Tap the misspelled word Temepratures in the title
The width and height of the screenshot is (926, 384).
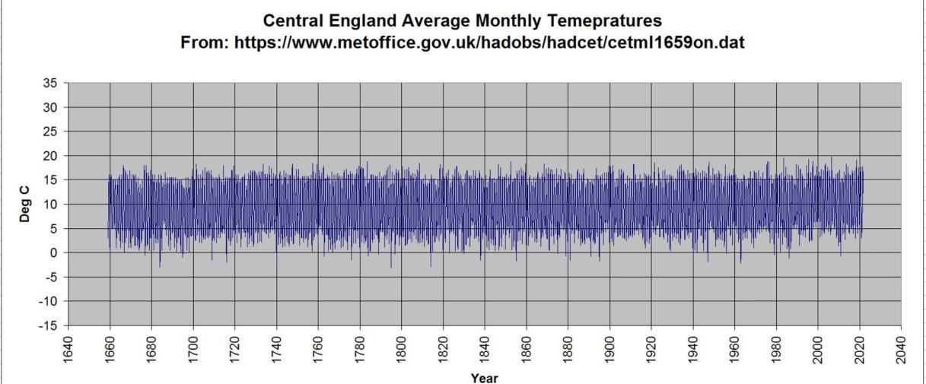(x=605, y=21)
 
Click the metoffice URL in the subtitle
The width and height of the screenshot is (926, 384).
(x=489, y=43)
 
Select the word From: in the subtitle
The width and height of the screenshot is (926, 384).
(x=205, y=43)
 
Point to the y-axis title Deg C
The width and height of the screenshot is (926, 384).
(x=25, y=205)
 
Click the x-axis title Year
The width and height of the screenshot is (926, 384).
(x=485, y=378)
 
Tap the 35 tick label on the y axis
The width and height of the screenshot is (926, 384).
(x=50, y=83)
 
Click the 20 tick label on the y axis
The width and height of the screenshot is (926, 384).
(x=50, y=156)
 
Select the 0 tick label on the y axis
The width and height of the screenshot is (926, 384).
(x=53, y=253)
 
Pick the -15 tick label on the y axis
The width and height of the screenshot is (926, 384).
(x=48, y=325)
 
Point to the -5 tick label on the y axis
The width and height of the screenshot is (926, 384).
(x=50, y=278)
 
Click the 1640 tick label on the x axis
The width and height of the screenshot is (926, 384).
(x=68, y=350)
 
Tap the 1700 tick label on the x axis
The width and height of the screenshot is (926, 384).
(x=193, y=350)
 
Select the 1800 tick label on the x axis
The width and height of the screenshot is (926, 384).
(x=402, y=350)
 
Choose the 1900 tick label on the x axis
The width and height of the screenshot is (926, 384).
(x=609, y=350)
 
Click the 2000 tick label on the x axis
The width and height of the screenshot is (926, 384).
(x=818, y=350)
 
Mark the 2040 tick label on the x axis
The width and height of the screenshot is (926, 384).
(x=901, y=350)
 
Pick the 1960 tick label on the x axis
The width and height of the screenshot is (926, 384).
(x=734, y=350)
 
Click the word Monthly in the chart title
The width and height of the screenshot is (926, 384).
(x=508, y=21)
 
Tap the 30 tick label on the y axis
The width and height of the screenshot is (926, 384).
(x=50, y=107)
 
